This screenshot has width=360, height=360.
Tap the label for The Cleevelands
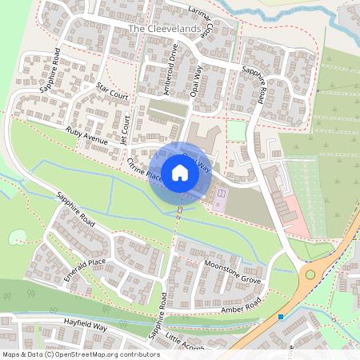[x=164, y=30]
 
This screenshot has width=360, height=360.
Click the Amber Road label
[x=242, y=307]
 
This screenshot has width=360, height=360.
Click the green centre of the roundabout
[x=309, y=274]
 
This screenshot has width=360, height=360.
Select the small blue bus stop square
[x=281, y=317]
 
